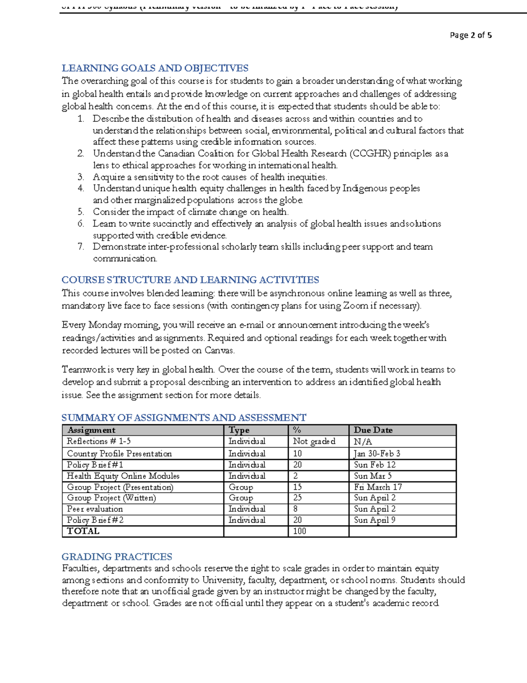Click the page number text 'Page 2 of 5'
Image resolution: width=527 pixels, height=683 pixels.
pyautogui.click(x=470, y=35)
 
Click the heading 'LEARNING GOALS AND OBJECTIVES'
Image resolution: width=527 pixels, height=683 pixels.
pyautogui.click(x=155, y=68)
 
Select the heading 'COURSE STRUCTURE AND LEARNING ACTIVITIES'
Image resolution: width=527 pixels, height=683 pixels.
pyautogui.click(x=190, y=280)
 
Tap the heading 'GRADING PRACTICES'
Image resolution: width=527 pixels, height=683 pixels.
pyautogui.click(x=117, y=557)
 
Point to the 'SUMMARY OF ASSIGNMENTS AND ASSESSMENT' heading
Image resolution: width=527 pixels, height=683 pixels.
pyautogui.click(x=184, y=418)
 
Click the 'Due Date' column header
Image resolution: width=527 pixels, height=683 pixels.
pyautogui.click(x=373, y=430)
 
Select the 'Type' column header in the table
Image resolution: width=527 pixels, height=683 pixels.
pyautogui.click(x=239, y=430)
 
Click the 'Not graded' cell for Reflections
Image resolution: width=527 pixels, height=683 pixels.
pyautogui.click(x=314, y=442)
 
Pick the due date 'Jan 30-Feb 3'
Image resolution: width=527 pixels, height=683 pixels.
pyautogui.click(x=377, y=453)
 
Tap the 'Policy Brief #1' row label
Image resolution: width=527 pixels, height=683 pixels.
pyautogui.click(x=95, y=465)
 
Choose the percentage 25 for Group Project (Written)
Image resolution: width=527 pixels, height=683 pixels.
pyautogui.click(x=297, y=498)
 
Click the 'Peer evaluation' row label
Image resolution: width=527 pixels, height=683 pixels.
pyautogui.click(x=95, y=509)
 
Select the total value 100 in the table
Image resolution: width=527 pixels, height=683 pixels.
pyautogui.click(x=300, y=531)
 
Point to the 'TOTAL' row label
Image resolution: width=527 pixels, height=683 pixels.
pyautogui.click(x=83, y=531)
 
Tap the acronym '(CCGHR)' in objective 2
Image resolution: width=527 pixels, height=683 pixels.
pyautogui.click(x=370, y=154)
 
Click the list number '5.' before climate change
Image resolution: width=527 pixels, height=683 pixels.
pyautogui.click(x=81, y=212)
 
